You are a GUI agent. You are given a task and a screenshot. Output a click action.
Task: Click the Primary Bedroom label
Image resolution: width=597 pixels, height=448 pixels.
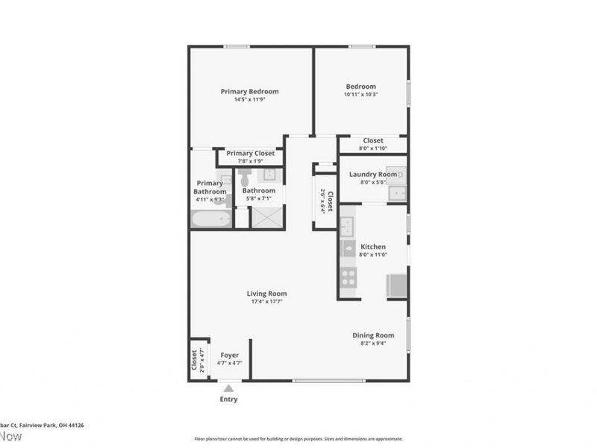click(x=249, y=92)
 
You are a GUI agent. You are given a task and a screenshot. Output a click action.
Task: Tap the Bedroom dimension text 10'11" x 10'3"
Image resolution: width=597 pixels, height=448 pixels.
click(x=360, y=95)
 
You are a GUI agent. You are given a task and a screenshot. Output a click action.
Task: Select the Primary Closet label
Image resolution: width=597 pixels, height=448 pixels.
click(x=250, y=153)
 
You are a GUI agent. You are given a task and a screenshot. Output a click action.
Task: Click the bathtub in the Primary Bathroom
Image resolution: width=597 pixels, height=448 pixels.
click(x=210, y=220)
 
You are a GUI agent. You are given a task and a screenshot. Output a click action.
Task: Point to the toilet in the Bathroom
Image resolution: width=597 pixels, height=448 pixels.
click(x=246, y=176)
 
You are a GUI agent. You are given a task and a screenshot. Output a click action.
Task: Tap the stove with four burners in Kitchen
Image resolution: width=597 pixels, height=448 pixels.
click(x=348, y=278)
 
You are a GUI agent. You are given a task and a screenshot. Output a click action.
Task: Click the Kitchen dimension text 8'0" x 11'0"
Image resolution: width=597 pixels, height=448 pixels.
click(x=373, y=255)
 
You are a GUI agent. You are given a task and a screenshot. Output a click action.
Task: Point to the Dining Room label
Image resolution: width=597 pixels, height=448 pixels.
click(x=373, y=335)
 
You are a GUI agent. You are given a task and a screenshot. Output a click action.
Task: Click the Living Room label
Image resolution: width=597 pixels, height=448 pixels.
click(x=266, y=293)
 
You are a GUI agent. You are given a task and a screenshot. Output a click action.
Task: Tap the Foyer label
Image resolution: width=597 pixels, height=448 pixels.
click(x=229, y=355)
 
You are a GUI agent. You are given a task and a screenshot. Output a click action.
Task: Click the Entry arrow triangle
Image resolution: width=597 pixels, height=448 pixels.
click(x=228, y=388)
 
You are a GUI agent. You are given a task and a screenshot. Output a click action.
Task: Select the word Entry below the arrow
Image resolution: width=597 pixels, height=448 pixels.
click(x=228, y=399)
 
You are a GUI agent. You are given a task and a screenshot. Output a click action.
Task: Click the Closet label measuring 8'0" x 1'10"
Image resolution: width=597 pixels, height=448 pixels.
click(x=373, y=140)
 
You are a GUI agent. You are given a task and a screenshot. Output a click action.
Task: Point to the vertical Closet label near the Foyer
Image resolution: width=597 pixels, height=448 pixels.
click(x=195, y=360)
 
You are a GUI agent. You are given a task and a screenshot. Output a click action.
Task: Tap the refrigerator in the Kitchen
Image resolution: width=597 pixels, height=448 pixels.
click(x=396, y=286)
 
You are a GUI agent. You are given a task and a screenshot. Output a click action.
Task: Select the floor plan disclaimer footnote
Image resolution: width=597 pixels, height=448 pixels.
click(x=298, y=439)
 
